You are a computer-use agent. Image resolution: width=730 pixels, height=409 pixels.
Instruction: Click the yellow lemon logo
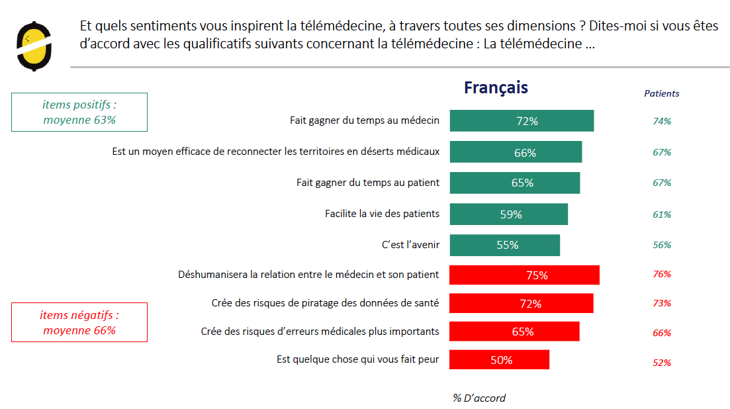(34, 46)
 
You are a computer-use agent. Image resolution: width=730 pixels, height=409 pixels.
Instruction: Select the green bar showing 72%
(522, 121)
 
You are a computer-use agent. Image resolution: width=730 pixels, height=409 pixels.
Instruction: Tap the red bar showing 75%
(524, 275)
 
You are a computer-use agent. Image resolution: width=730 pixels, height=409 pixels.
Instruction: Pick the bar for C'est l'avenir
(504, 245)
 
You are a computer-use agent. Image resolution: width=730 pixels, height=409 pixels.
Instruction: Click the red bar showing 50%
(499, 360)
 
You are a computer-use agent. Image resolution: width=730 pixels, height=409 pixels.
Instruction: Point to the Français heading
(496, 88)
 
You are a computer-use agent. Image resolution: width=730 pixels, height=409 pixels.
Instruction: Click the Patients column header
(661, 94)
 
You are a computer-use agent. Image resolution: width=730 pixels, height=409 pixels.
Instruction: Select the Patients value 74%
(662, 121)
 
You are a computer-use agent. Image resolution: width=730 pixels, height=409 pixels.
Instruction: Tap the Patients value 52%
(662, 363)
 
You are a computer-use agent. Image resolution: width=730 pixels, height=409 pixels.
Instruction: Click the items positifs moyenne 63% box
(79, 112)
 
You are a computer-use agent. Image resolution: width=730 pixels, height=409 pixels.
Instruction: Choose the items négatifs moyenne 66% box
(79, 323)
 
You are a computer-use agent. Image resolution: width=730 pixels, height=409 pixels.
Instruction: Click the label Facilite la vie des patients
(382, 214)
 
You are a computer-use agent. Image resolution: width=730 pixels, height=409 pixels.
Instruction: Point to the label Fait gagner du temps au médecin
(365, 120)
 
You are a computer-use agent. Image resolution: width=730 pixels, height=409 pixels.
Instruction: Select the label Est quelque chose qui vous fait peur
(357, 359)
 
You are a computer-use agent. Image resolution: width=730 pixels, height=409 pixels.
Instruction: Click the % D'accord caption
(479, 398)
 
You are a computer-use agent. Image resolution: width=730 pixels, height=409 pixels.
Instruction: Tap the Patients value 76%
(662, 274)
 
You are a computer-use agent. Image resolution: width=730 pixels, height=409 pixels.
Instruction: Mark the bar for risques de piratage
(521, 304)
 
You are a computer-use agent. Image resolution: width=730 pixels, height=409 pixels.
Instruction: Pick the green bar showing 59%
(508, 214)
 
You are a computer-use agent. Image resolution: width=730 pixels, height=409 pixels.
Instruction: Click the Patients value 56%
(662, 245)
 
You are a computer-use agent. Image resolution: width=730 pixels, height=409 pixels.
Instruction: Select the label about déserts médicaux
(275, 152)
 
